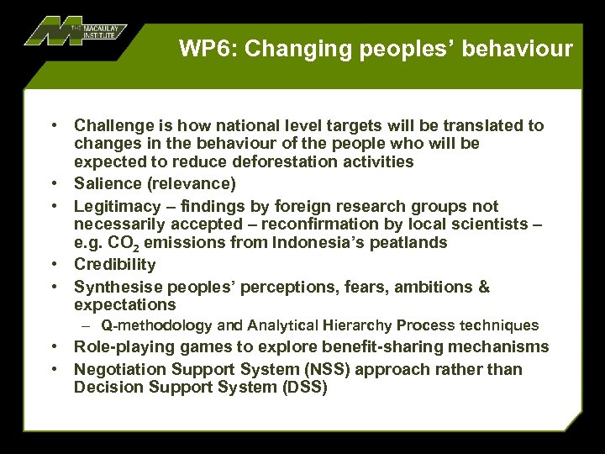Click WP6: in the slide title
(x=207, y=49)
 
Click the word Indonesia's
(x=333, y=243)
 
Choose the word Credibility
(x=114, y=265)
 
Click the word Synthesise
(x=115, y=288)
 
